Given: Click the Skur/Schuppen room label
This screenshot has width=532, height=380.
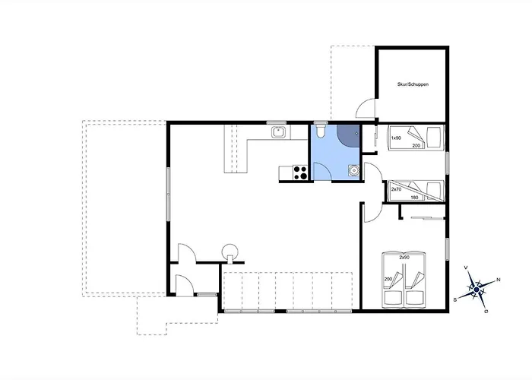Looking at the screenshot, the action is click(x=413, y=84).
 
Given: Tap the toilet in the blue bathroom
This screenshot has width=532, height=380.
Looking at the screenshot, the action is click(x=320, y=131).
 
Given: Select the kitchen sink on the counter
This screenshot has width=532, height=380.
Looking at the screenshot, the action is click(x=279, y=132).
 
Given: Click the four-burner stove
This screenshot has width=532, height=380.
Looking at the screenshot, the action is click(x=300, y=173).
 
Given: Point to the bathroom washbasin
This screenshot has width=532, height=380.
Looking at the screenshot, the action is click(x=353, y=170).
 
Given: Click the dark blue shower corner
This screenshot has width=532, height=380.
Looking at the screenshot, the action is click(x=349, y=135).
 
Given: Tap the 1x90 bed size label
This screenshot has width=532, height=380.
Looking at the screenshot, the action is click(x=396, y=138).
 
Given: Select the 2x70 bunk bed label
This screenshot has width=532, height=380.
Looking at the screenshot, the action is click(x=396, y=189).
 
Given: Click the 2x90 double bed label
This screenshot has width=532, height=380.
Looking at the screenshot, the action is click(x=404, y=258).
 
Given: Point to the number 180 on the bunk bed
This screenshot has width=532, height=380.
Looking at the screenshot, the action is click(x=414, y=198).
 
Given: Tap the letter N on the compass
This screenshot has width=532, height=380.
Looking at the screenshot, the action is click(x=499, y=280).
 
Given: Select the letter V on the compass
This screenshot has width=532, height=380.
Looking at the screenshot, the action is click(x=466, y=268).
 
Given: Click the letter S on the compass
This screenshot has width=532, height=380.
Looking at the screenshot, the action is click(x=455, y=299).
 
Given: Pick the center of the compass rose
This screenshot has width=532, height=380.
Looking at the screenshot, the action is click(x=477, y=290).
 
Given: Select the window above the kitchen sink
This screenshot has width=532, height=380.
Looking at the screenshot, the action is click(x=276, y=122).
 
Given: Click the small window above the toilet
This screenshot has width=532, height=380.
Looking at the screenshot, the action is click(x=320, y=122).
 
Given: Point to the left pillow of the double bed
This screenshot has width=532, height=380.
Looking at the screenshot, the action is click(x=393, y=298).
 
